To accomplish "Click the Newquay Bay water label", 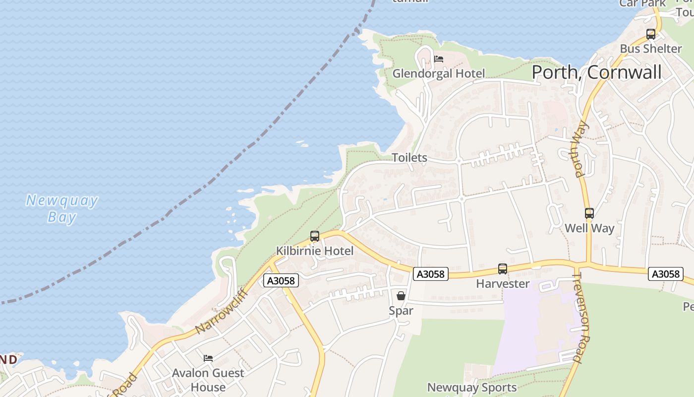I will pyautogui.click(x=62, y=209).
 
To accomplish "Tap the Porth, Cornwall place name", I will pyautogui.click(x=596, y=72).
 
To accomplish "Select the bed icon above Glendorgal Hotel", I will pyautogui.click(x=439, y=59).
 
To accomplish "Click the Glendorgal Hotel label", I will pyautogui.click(x=439, y=73).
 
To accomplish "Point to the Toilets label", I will pyautogui.click(x=409, y=158).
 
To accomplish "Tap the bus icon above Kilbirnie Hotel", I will pyautogui.click(x=315, y=236).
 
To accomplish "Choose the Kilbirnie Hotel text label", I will pyautogui.click(x=315, y=251).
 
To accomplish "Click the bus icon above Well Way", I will pyautogui.click(x=589, y=213).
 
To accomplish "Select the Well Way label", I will pyautogui.click(x=589, y=228).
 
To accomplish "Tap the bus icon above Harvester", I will pyautogui.click(x=503, y=269).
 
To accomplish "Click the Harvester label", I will pyautogui.click(x=503, y=284).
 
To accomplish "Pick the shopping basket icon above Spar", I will pyautogui.click(x=401, y=296).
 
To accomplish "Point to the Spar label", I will pyautogui.click(x=401, y=311).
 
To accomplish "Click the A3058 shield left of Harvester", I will pyautogui.click(x=430, y=274).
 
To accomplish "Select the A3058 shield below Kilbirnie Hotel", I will pyautogui.click(x=281, y=281).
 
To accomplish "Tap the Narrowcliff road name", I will pyautogui.click(x=221, y=311).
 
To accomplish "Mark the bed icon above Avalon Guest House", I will pyautogui.click(x=208, y=358).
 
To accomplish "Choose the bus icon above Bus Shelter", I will pyautogui.click(x=651, y=34).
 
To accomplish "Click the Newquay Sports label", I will pyautogui.click(x=472, y=388).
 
